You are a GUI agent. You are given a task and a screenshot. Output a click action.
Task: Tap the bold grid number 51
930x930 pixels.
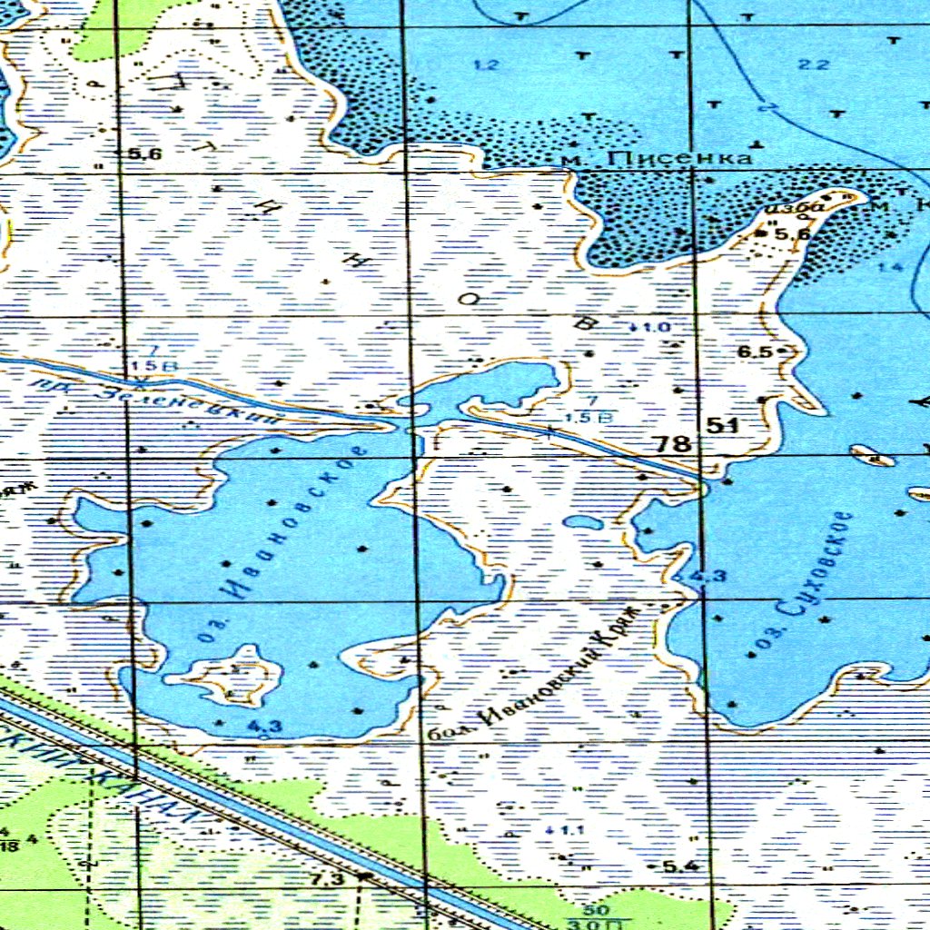[x=723, y=425]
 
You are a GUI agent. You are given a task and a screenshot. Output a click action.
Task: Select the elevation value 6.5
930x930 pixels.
[x=754, y=351]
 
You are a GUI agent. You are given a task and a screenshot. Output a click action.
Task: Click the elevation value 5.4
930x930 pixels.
[x=680, y=866]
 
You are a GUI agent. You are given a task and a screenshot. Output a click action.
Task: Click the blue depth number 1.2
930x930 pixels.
[x=487, y=64]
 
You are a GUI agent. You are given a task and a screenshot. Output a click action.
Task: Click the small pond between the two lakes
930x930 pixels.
[x=581, y=522]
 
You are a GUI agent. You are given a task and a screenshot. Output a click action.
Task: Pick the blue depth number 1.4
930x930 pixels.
[x=891, y=267]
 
